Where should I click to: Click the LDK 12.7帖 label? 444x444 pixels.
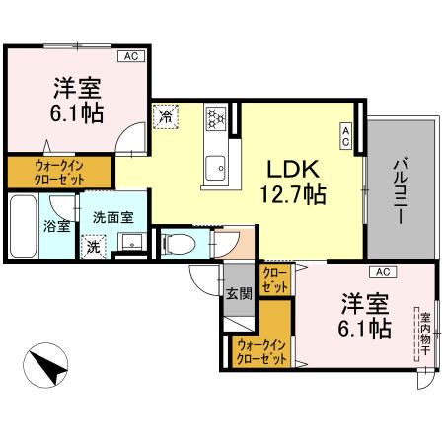point(291,180)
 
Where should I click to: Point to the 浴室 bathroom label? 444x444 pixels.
point(56,226)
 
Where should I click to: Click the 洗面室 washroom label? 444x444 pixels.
point(113,217)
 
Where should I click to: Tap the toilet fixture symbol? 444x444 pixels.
point(178,243)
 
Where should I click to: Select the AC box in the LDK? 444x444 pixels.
point(346,136)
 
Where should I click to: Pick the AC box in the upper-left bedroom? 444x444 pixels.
point(131,57)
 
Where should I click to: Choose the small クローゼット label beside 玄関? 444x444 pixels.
point(275,279)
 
